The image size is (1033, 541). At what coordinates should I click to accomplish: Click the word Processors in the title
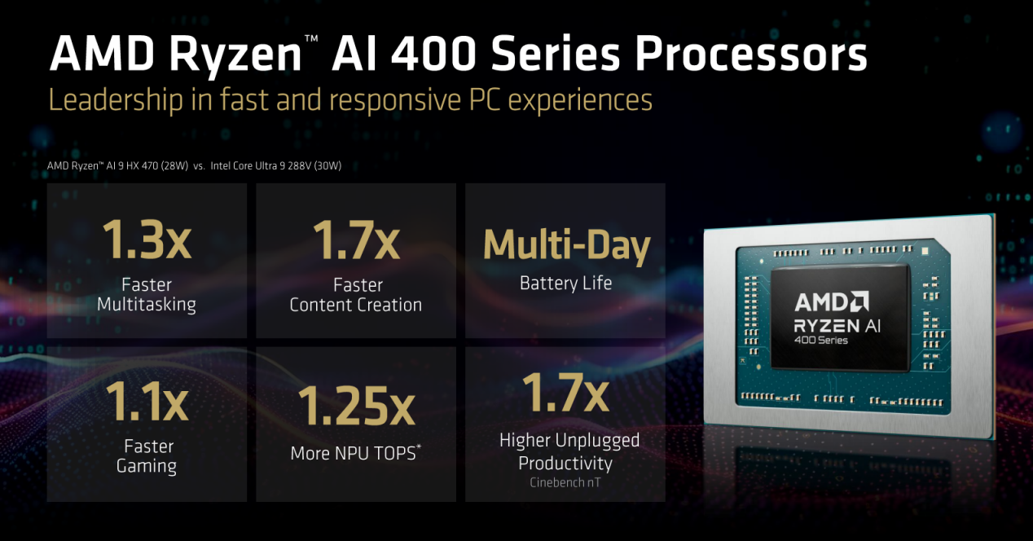[751, 54]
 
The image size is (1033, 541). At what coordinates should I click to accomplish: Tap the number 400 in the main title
[433, 54]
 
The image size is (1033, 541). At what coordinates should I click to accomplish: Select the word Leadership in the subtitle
[116, 100]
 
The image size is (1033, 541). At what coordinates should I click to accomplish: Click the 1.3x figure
[147, 240]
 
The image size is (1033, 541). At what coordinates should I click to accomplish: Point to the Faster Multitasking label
[147, 295]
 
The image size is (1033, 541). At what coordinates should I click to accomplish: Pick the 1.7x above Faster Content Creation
[356, 240]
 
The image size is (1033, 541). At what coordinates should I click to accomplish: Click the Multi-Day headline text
[566, 245]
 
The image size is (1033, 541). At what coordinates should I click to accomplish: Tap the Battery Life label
[566, 284]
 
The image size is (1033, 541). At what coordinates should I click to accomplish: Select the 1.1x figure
[147, 401]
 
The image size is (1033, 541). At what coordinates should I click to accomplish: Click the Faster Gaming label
[147, 456]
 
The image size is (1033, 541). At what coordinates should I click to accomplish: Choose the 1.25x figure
[356, 406]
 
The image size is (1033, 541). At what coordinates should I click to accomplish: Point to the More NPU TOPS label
[356, 453]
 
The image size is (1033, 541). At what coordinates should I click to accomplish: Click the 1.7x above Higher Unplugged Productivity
[565, 392]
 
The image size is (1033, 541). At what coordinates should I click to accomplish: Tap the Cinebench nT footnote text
[565, 482]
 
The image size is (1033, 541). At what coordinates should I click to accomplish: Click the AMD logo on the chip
[832, 302]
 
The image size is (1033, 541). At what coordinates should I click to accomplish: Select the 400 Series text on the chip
[821, 341]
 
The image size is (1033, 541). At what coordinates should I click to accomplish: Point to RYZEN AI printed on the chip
[837, 326]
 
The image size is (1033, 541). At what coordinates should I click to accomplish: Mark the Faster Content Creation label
[356, 295]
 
